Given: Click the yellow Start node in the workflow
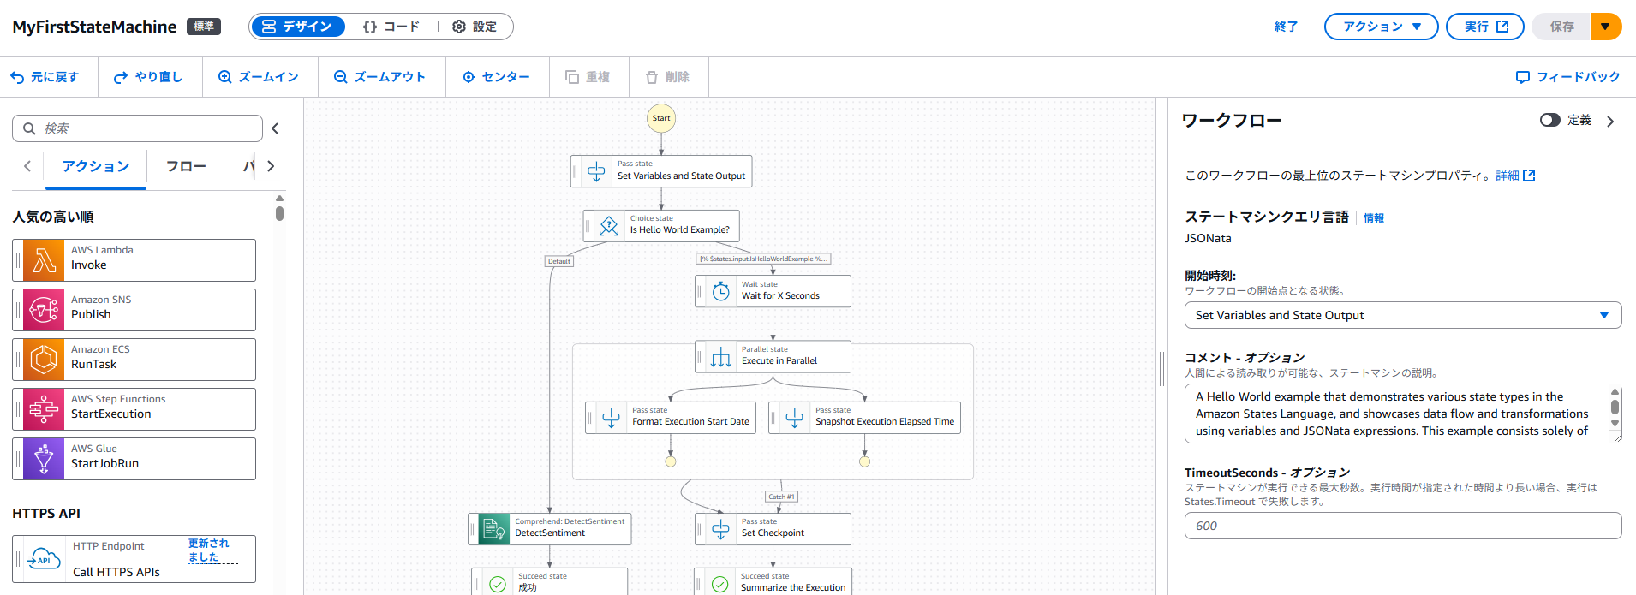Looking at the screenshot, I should coord(660,118).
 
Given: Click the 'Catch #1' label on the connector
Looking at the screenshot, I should coord(780,497).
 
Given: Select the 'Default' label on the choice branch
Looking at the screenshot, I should coord(558,261).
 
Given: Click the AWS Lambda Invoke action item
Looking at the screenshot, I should coord(134,260).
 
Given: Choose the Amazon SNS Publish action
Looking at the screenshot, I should coord(134,310).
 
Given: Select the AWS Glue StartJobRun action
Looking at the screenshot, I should coord(134,459).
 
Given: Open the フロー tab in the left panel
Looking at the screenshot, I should coord(186,166).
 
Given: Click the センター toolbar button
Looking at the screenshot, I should coord(496,77).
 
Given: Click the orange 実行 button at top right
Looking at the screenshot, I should coord(1484,27).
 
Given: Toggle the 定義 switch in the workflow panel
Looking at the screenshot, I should coord(1549,120).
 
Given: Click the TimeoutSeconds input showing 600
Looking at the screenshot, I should coord(1402,526).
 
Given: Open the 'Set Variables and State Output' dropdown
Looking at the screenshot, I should coord(1402,315).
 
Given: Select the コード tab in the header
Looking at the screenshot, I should coord(391,27).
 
